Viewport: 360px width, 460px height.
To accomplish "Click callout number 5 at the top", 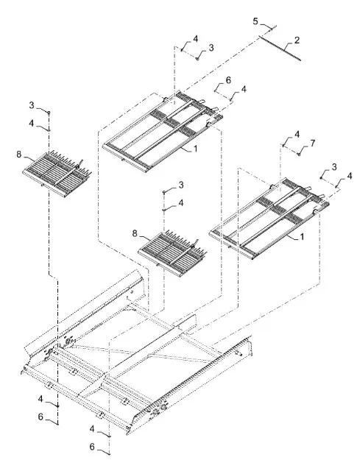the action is click(255, 21).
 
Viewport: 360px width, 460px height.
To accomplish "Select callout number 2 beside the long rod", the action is click(297, 40).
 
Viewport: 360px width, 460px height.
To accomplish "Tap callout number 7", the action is click(312, 144).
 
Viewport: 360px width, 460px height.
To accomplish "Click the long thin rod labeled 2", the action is click(280, 48).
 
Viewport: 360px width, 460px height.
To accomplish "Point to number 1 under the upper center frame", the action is click(195, 149).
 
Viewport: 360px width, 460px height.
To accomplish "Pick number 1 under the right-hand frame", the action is click(302, 236).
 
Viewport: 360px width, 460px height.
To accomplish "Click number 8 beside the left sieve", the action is click(19, 155).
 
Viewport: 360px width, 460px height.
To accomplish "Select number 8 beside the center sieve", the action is click(135, 233).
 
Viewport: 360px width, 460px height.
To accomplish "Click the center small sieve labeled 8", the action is click(172, 253).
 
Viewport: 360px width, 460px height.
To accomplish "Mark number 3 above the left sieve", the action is click(32, 105).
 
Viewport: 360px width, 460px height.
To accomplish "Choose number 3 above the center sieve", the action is click(181, 185).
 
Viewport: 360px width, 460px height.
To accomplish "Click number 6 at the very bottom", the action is click(92, 447).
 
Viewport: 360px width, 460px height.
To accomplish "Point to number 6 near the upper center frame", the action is click(228, 80).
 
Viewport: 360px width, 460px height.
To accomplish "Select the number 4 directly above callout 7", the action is click(297, 135).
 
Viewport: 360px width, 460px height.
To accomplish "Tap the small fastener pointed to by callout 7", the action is click(299, 154).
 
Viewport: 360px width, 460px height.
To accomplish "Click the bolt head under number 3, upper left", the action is click(49, 113).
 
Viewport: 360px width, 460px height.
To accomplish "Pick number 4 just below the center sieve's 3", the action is click(181, 202).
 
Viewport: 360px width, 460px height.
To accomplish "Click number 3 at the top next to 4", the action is click(211, 48).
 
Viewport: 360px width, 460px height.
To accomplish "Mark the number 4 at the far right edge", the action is click(349, 176).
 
